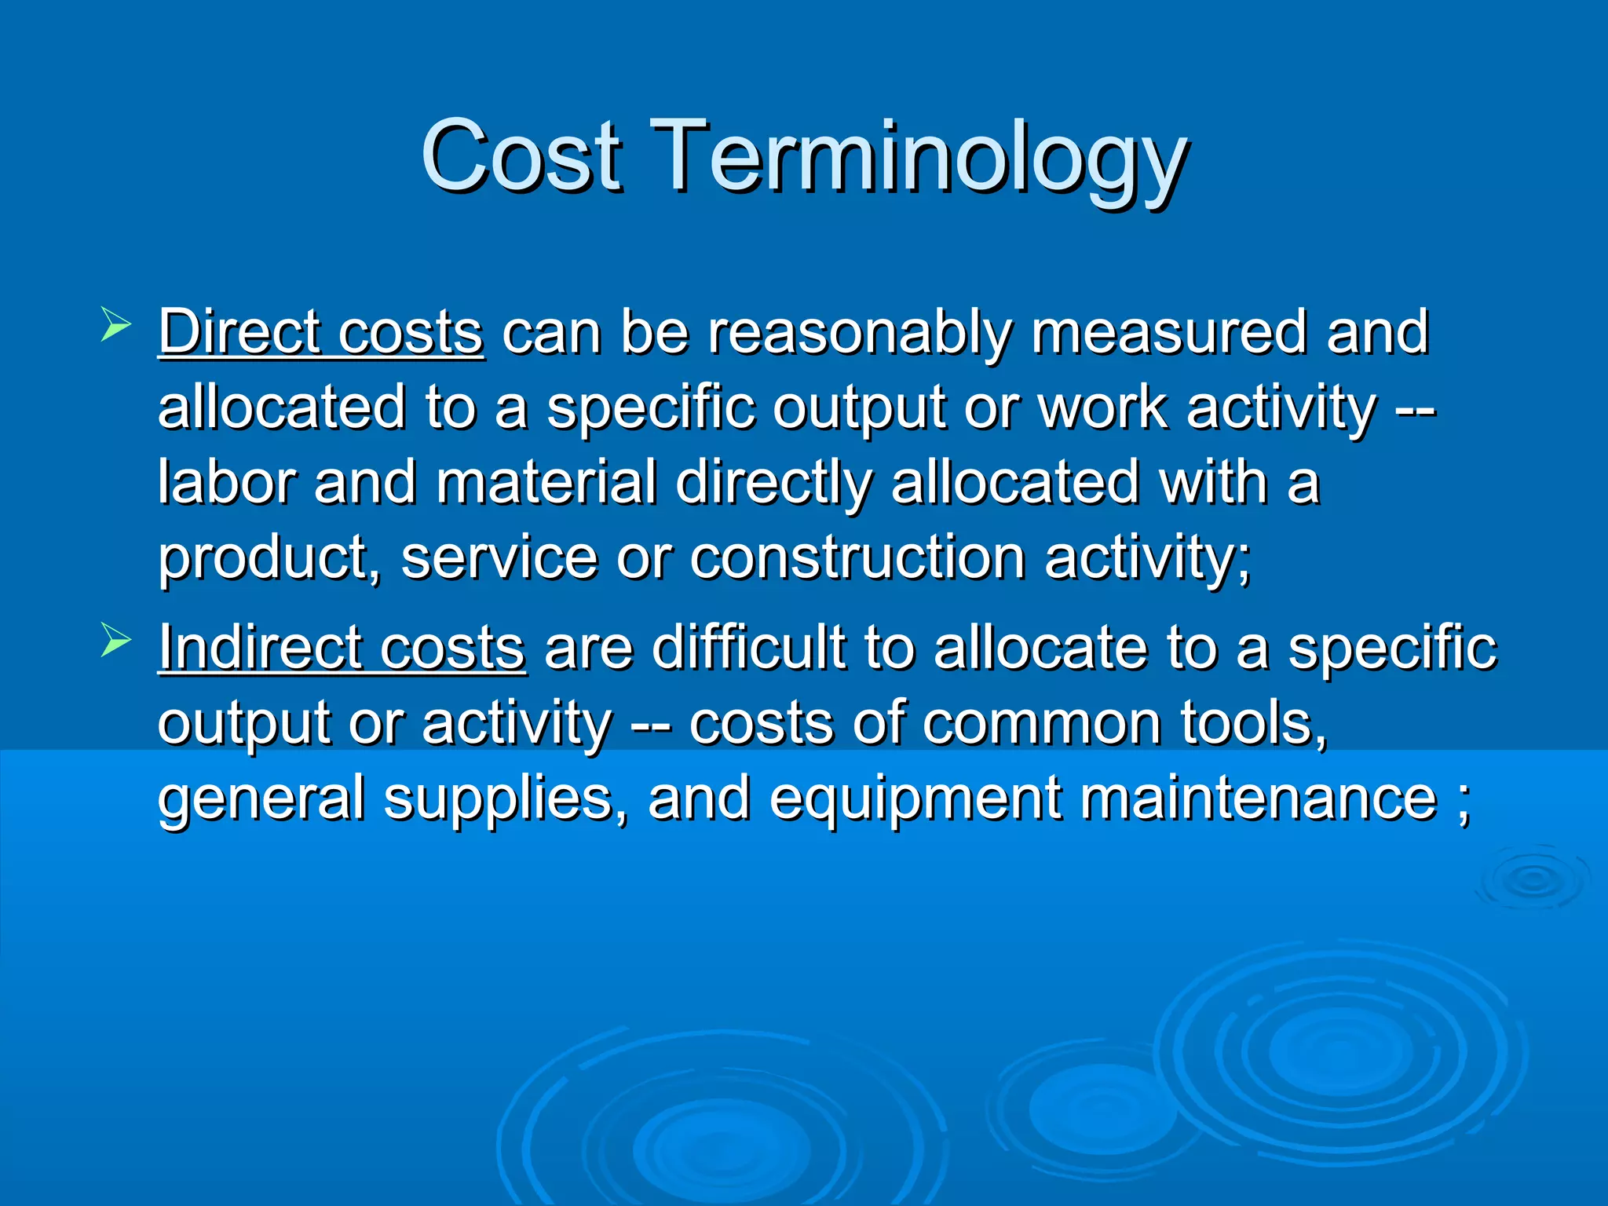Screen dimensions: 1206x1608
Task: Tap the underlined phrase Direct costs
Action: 320,332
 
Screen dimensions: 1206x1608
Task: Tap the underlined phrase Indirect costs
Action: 342,649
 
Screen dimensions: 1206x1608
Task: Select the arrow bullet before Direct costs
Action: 115,324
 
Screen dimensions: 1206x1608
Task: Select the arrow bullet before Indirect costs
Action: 115,641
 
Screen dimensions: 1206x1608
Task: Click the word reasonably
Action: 859,334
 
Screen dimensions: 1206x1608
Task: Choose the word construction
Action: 857,558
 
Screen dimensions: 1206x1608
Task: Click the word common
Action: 1041,723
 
